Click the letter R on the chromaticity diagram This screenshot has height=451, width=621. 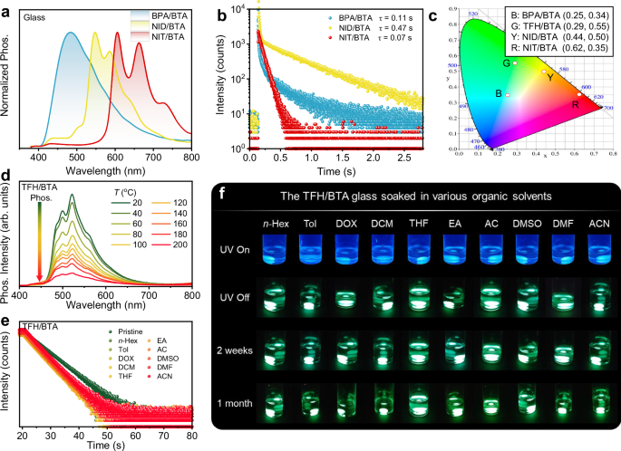(576, 104)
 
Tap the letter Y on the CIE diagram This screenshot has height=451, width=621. (549, 78)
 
